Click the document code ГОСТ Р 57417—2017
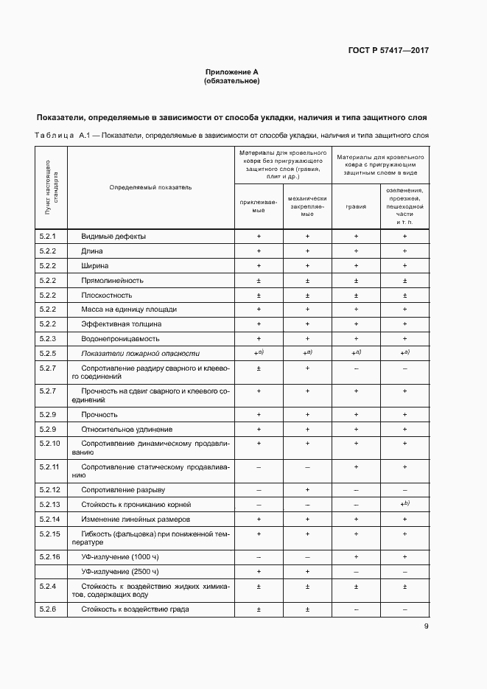[x=388, y=51]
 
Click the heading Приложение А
[x=231, y=71]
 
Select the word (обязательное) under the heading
[x=231, y=81]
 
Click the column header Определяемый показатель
[x=150, y=187]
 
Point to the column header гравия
[x=356, y=207]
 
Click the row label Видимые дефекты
[x=113, y=237]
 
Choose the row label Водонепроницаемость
[x=120, y=339]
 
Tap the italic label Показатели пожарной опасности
[x=140, y=354]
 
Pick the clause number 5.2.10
[x=50, y=444]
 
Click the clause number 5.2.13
[x=50, y=505]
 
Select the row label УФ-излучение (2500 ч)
[x=119, y=571]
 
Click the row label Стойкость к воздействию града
[x=136, y=609]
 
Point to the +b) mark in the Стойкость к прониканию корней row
[x=404, y=504]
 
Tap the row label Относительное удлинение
[x=127, y=429]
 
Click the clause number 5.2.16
[x=50, y=556]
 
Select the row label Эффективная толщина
[x=122, y=324]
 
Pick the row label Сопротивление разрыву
[x=123, y=490]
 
